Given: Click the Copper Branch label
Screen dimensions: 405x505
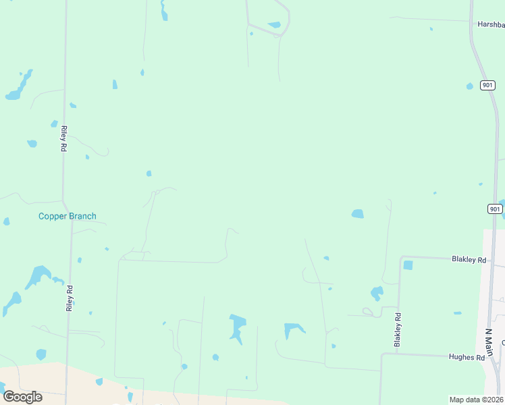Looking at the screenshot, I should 67,217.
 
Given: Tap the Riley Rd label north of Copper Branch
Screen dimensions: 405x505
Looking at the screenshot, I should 63,138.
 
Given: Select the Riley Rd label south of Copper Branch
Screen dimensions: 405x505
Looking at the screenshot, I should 69,298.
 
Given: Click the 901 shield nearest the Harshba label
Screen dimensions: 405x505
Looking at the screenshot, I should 488,85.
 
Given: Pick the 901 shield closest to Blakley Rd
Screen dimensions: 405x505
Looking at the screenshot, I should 496,209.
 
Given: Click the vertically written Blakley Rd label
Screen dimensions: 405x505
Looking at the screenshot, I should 398,330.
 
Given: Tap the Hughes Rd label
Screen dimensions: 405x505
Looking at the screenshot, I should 471,358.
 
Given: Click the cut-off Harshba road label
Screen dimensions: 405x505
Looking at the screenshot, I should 491,24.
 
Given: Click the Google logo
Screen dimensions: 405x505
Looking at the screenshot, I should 22,397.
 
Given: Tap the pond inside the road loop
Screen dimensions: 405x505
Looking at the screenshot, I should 274,25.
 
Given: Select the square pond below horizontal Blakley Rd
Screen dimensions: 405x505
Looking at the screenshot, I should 408,265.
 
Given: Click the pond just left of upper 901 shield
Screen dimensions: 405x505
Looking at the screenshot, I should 470,86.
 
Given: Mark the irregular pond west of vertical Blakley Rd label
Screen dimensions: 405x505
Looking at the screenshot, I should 377,293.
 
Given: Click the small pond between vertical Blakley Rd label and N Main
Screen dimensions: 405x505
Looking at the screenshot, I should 458,313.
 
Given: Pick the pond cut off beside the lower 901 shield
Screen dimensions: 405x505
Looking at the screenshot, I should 502,203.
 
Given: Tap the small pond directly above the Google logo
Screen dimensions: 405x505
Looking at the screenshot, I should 41,354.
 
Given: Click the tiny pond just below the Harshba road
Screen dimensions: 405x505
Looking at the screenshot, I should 431,29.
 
